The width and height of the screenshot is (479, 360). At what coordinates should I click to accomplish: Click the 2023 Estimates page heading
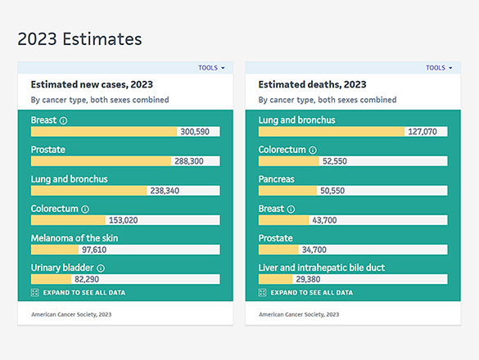click(x=79, y=39)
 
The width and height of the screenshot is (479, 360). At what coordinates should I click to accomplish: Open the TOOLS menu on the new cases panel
click(x=211, y=68)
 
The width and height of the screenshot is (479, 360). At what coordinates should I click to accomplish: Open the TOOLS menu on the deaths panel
click(x=439, y=68)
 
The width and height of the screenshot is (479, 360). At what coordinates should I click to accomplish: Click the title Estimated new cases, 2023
click(x=92, y=84)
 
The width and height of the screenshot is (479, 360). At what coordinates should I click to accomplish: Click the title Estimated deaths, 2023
click(x=312, y=84)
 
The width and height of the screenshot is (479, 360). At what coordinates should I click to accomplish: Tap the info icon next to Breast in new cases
click(x=64, y=120)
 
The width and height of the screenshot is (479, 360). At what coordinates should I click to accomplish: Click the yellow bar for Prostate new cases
click(x=101, y=161)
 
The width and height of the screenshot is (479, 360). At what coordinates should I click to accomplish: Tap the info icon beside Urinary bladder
click(x=101, y=268)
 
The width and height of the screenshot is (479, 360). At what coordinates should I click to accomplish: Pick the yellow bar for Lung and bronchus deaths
click(x=331, y=132)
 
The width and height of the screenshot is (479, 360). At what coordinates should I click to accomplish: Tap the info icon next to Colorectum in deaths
click(x=312, y=150)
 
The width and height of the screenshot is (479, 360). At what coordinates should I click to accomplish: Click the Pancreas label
click(x=276, y=179)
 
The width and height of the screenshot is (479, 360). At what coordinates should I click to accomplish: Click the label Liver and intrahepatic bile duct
click(x=321, y=268)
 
